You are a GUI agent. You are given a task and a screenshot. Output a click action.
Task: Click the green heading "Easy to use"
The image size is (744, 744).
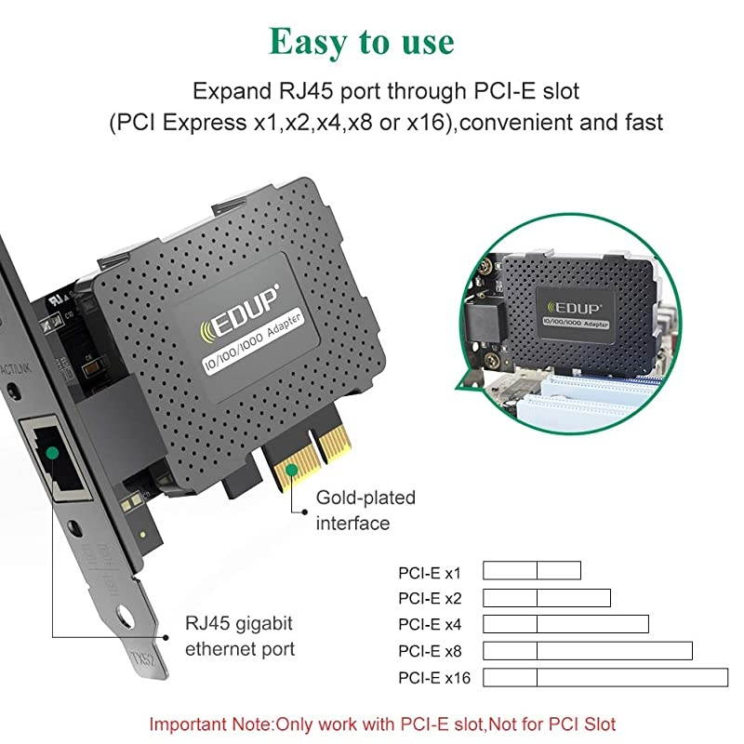click(x=362, y=41)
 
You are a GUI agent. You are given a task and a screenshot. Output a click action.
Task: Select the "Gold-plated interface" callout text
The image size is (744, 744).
click(x=365, y=511)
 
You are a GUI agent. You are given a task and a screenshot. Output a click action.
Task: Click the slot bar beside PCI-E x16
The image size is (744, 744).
click(x=605, y=677)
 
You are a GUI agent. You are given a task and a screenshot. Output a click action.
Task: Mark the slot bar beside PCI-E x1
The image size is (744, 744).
click(x=532, y=570)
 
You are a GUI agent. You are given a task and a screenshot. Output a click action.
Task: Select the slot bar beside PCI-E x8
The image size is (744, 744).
click(x=588, y=650)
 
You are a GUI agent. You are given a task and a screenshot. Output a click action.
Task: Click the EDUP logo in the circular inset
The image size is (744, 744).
click(x=574, y=302)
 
